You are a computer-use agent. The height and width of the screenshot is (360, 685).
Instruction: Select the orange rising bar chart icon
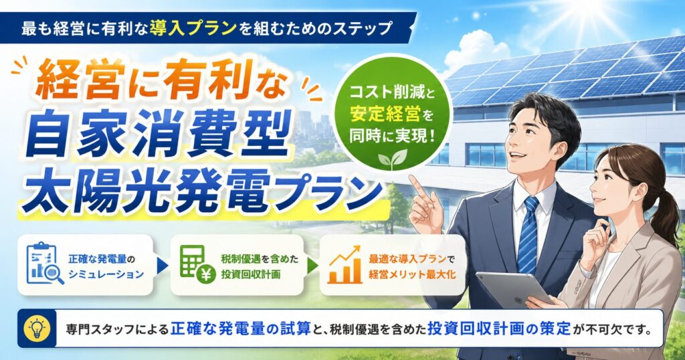[x=345, y=264]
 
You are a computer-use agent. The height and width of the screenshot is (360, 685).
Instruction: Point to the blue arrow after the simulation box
[x=162, y=266]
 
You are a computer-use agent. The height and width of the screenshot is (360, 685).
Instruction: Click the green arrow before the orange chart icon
[x=312, y=266]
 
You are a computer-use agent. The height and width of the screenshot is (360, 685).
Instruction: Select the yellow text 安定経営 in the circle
[x=385, y=114]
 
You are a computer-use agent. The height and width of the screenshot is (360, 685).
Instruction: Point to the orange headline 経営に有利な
[x=161, y=82]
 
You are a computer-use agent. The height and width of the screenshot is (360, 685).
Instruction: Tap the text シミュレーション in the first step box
[x=106, y=274]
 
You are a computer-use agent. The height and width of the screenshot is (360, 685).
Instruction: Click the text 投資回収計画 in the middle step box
[x=251, y=274]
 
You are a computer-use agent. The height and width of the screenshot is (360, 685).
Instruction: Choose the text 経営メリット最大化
[x=412, y=274]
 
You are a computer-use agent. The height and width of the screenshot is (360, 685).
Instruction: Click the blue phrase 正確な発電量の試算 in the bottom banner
[x=241, y=328]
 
